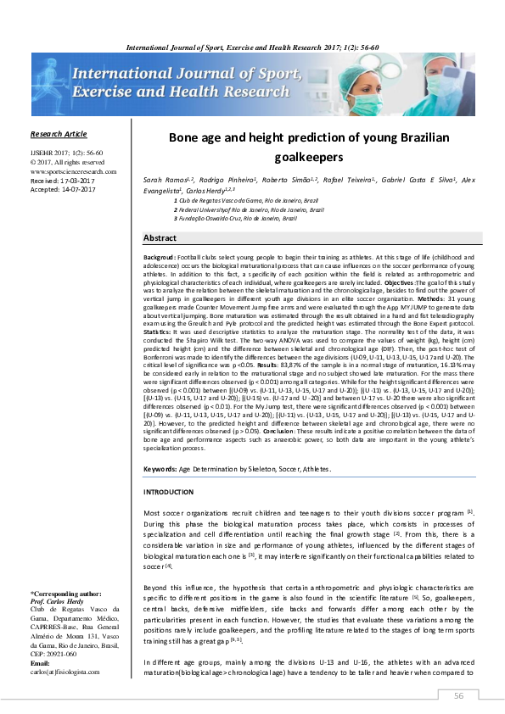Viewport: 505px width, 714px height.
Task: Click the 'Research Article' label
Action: pos(59,134)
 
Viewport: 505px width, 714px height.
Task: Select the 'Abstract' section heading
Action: pos(160,238)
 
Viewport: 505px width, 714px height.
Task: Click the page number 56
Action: pos(458,695)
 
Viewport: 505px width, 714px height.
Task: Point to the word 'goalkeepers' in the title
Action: pos(310,157)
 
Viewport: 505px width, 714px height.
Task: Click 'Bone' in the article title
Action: pos(184,137)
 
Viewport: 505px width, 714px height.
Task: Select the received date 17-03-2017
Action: pos(78,180)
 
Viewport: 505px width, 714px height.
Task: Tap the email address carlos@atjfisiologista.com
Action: pos(65,672)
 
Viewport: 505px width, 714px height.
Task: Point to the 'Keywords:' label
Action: pos(160,469)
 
